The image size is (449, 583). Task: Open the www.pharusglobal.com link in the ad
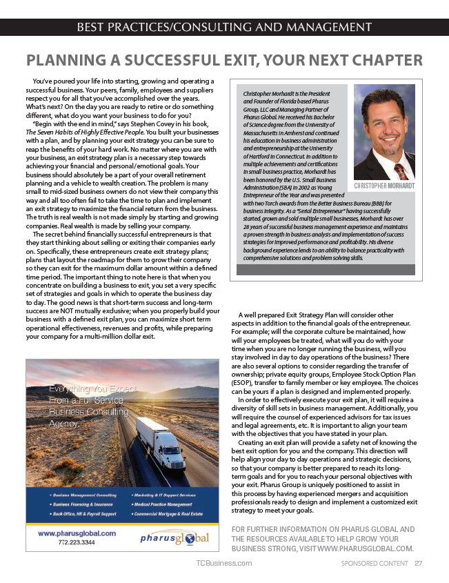[77, 533]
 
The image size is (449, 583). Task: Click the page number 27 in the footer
[419, 563]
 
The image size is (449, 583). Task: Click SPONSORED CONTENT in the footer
[375, 563]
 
